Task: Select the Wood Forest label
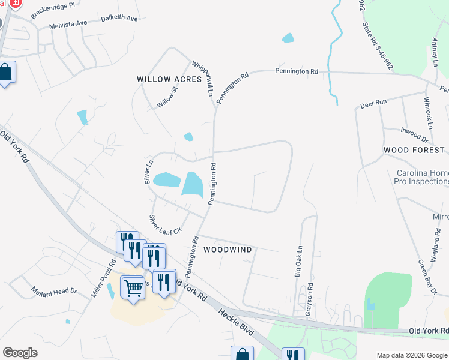click(414, 150)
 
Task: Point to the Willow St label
click(168, 97)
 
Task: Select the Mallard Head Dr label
click(55, 292)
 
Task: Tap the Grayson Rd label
click(310, 298)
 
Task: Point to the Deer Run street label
click(373, 104)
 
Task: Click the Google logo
click(20, 353)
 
